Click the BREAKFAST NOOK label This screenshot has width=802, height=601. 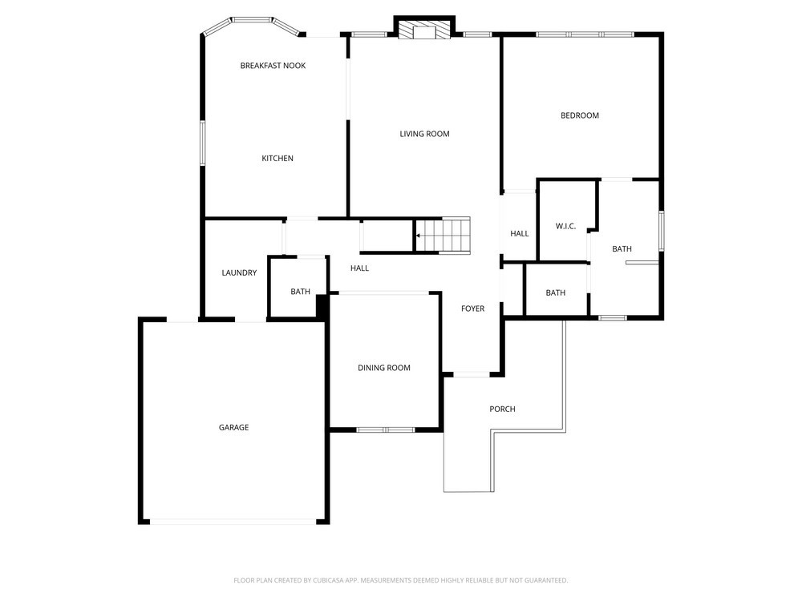(273, 66)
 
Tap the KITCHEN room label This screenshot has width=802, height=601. (277, 159)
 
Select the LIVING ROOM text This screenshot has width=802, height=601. (424, 134)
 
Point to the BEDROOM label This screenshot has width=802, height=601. (580, 115)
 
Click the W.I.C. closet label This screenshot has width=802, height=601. (565, 227)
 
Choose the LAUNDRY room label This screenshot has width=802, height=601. (239, 273)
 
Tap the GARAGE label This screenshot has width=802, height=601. (233, 427)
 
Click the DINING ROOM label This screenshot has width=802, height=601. (384, 368)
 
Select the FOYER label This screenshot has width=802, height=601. (472, 309)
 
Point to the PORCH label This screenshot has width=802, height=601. (502, 409)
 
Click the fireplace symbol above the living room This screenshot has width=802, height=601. (424, 30)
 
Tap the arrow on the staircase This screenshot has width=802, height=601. (419, 236)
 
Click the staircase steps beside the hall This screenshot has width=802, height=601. (442, 236)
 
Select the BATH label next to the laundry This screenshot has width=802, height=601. (300, 292)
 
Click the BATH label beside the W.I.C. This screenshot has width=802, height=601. (622, 249)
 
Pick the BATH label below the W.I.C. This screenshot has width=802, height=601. (556, 292)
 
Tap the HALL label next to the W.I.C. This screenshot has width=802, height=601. (520, 233)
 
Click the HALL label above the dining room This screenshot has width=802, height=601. (359, 268)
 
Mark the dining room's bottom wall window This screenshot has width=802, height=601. (386, 430)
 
